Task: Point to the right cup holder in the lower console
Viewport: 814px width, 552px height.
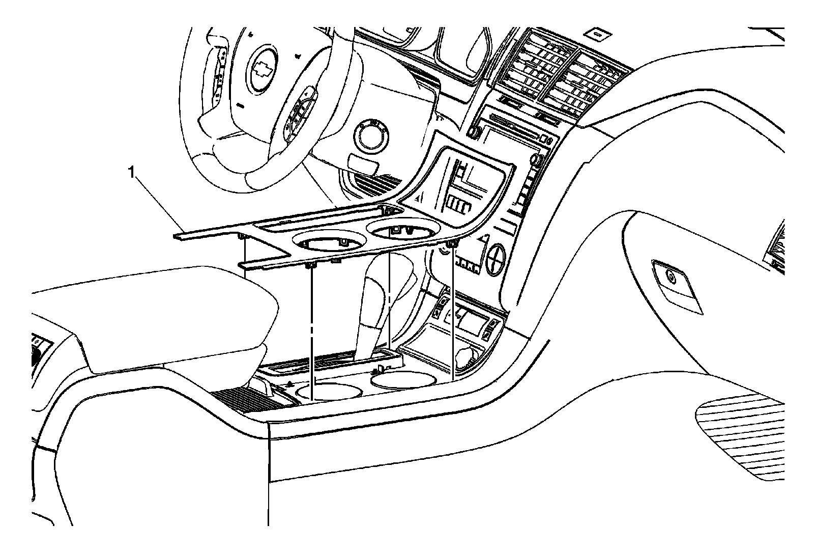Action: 403,378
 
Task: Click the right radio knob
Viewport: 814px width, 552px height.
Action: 536,160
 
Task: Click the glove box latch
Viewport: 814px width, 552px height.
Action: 671,277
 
